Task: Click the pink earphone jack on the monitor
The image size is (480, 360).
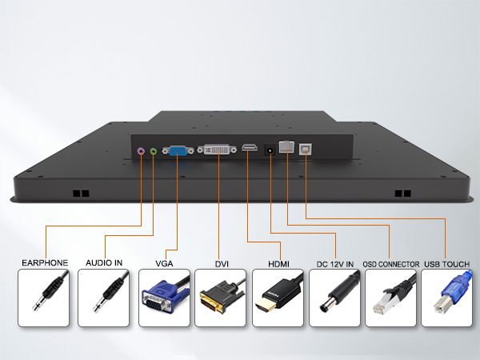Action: pyautogui.click(x=141, y=151)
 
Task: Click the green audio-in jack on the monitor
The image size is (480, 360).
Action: pyautogui.click(x=154, y=151)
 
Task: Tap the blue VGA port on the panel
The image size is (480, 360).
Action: pyautogui.click(x=178, y=150)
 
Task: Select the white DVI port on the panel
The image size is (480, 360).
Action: pyautogui.click(x=217, y=150)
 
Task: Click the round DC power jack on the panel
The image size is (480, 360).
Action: pyautogui.click(x=270, y=150)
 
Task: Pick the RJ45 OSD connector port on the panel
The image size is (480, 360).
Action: pyautogui.click(x=286, y=146)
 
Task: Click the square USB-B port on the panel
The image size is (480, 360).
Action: pyautogui.click(x=306, y=149)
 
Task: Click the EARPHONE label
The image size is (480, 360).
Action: pyautogui.click(x=45, y=263)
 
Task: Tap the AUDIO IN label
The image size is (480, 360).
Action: pyautogui.click(x=104, y=263)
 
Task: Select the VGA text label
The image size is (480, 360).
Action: pyautogui.click(x=164, y=263)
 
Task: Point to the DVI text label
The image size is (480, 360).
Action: pyautogui.click(x=222, y=264)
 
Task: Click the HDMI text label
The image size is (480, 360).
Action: pyautogui.click(x=278, y=264)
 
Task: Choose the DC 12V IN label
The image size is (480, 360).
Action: pyautogui.click(x=335, y=264)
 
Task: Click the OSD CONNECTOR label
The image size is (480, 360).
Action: pyautogui.click(x=391, y=264)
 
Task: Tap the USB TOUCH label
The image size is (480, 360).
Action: pyautogui.click(x=447, y=264)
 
